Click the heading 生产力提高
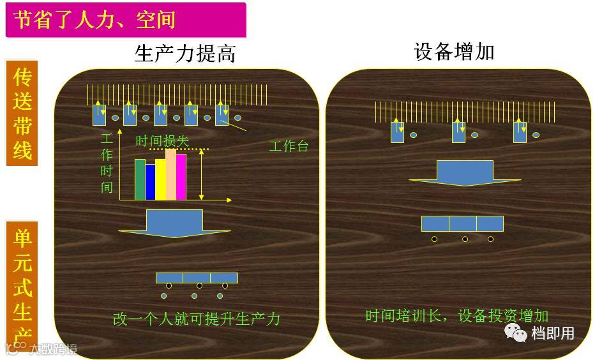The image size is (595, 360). [185, 53]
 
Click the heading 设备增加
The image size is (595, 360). [454, 52]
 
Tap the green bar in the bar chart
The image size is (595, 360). [140, 179]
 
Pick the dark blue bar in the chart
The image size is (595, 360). [151, 182]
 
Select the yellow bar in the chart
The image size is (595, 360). [160, 179]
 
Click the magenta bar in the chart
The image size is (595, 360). [181, 177]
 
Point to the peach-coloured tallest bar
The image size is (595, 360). [170, 174]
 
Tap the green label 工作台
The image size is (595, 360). [289, 146]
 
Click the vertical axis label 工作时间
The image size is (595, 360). [107, 163]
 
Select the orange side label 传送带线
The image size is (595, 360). [22, 114]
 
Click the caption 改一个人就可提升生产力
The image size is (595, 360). [197, 319]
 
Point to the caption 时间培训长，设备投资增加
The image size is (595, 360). [457, 316]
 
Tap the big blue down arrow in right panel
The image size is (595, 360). [465, 173]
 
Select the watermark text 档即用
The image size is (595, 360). [553, 333]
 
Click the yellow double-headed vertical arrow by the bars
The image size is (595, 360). [202, 174]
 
